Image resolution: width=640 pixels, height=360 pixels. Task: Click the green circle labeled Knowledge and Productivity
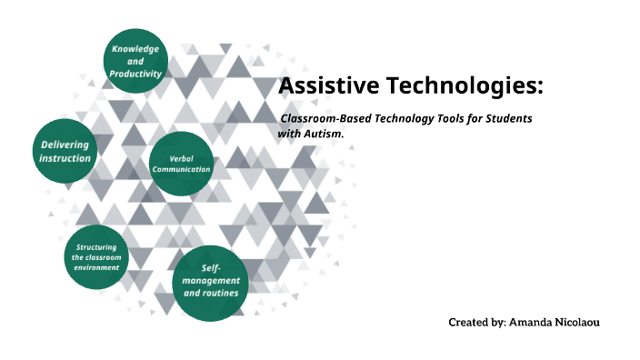point(135,60)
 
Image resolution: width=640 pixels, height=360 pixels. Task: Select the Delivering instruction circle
point(65,151)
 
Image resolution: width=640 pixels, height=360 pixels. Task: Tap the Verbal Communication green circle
point(181,164)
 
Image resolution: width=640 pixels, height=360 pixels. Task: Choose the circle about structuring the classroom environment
point(96,257)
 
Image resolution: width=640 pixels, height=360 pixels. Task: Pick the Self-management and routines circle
point(210,282)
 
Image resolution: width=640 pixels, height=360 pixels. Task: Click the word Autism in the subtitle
point(325,134)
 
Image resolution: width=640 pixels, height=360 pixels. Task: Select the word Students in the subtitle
point(505,119)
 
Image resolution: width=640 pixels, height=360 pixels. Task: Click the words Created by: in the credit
point(476,323)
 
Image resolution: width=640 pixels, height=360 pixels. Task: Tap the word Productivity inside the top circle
point(135,73)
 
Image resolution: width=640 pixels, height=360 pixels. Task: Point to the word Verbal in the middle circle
point(181,158)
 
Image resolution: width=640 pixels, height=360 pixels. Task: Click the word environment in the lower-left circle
point(97,268)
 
